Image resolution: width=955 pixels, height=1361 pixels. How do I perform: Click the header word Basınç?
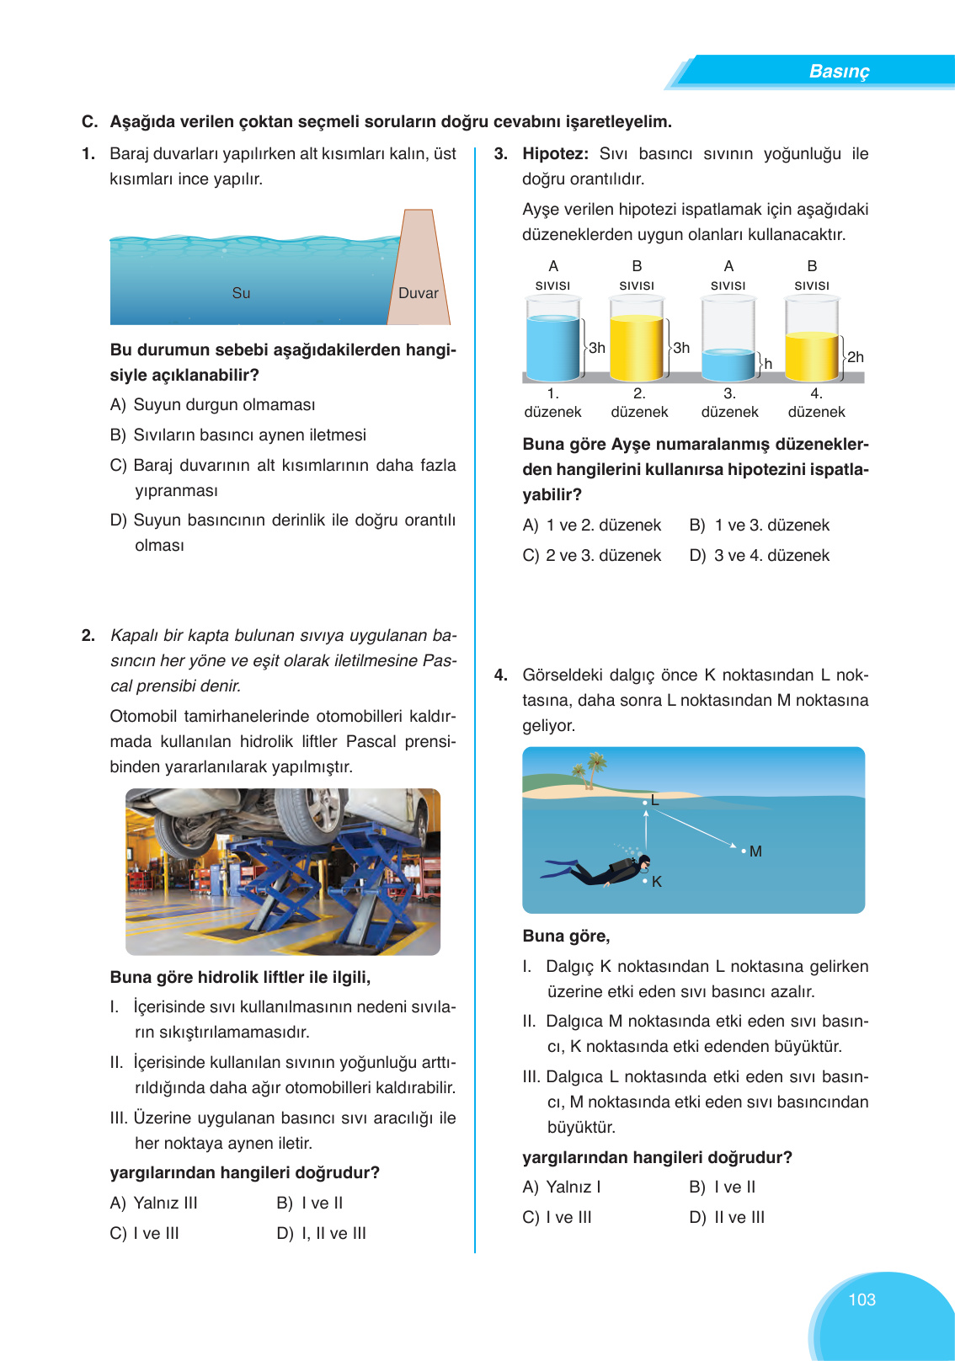point(838,72)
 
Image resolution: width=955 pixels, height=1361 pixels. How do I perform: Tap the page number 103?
point(862,1300)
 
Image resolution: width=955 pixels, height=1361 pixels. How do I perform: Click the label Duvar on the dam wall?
point(418,293)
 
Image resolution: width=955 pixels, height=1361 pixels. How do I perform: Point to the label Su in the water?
point(241,293)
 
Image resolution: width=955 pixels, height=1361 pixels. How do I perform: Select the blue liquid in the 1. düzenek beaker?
point(552,347)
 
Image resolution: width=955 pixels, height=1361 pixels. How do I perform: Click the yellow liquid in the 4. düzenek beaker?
point(812,357)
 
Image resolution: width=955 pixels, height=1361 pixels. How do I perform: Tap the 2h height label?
point(855,357)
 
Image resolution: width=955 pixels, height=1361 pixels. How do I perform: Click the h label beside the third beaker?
point(768,364)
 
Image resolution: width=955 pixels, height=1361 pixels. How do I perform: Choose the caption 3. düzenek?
point(729,403)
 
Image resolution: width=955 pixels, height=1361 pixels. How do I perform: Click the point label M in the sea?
point(755,851)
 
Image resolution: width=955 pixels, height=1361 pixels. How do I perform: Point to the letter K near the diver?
point(657,882)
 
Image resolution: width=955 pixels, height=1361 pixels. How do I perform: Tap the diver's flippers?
point(559,869)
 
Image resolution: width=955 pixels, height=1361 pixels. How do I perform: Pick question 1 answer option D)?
point(282,532)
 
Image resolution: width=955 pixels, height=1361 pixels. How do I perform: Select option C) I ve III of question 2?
point(145,1233)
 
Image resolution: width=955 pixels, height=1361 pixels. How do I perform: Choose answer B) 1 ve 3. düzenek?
point(759,525)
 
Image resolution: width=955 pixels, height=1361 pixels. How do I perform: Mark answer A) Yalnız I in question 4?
point(562,1187)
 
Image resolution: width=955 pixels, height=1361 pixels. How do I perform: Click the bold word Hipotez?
point(555,153)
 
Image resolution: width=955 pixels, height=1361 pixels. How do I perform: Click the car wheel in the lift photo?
point(312,816)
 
